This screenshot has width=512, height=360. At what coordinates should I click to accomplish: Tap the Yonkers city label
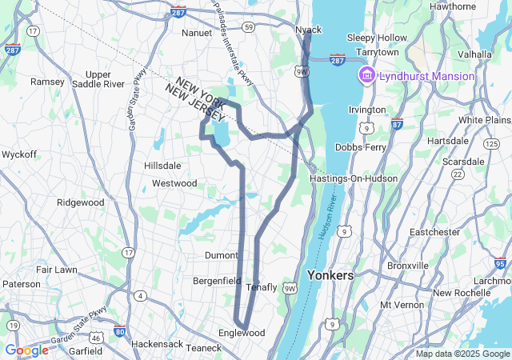click(x=330, y=275)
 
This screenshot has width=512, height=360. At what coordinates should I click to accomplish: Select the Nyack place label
click(x=308, y=30)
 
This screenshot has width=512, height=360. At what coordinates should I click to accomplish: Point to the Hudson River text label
click(x=326, y=230)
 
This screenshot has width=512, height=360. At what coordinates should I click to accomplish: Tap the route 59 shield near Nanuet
click(x=249, y=27)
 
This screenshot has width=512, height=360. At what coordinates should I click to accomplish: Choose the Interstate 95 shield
click(x=500, y=262)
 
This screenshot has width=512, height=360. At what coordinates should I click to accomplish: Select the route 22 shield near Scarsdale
click(x=458, y=174)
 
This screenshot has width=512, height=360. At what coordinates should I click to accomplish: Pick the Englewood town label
click(x=241, y=333)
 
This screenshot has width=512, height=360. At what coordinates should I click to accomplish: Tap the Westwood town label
click(x=174, y=183)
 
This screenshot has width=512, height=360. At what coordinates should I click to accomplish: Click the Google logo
click(x=27, y=350)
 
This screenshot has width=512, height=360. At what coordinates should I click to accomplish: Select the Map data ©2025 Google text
click(x=462, y=354)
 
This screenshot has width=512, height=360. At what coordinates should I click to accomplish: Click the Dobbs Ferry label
click(x=360, y=147)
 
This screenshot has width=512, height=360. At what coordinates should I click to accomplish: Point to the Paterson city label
click(x=22, y=283)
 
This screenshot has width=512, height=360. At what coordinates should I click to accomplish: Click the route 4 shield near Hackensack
click(x=142, y=296)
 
